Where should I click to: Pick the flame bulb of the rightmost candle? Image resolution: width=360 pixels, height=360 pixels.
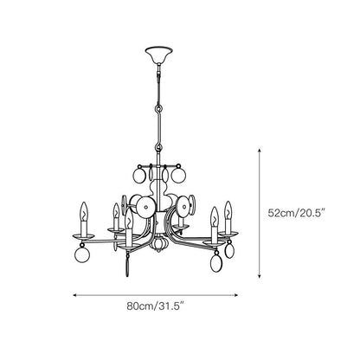pyautogui.click(x=228, y=209)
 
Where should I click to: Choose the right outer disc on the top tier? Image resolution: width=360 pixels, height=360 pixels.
pyautogui.click(x=179, y=177)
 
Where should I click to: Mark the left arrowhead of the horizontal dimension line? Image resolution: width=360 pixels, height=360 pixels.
pyautogui.click(x=75, y=293)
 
